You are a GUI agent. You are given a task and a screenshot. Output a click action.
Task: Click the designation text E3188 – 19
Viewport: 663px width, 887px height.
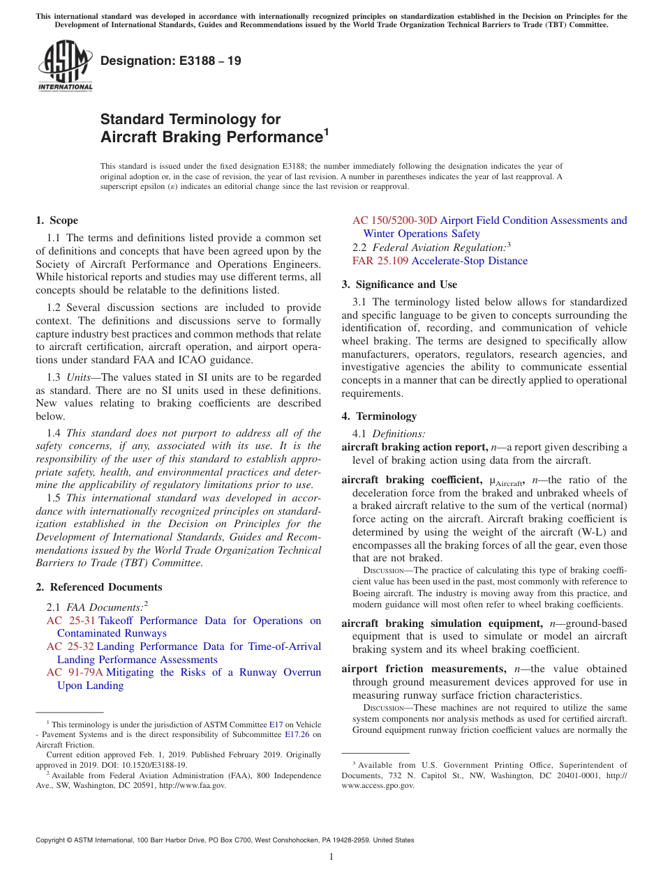171,61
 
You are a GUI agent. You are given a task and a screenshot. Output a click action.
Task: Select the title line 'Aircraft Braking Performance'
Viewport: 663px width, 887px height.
211,137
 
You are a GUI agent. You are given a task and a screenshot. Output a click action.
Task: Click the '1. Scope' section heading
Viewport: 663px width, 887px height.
57,220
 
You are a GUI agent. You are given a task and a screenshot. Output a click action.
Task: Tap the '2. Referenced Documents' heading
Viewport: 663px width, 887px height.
98,587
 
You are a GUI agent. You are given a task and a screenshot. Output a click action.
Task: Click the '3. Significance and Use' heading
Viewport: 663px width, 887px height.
399,285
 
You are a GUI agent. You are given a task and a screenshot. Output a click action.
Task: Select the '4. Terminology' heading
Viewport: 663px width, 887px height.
379,416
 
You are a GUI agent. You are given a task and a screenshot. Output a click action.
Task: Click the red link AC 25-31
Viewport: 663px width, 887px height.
70,621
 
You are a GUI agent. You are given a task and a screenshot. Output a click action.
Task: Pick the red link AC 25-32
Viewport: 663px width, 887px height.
70,646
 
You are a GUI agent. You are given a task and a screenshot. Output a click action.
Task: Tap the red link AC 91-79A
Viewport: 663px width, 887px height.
74,672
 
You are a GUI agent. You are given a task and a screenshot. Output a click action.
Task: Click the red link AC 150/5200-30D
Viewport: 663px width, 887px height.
394,220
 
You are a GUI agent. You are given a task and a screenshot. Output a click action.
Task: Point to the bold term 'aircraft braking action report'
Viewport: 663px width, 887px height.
415,447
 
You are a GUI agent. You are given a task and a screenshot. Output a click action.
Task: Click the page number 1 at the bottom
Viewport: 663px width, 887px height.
331,857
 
